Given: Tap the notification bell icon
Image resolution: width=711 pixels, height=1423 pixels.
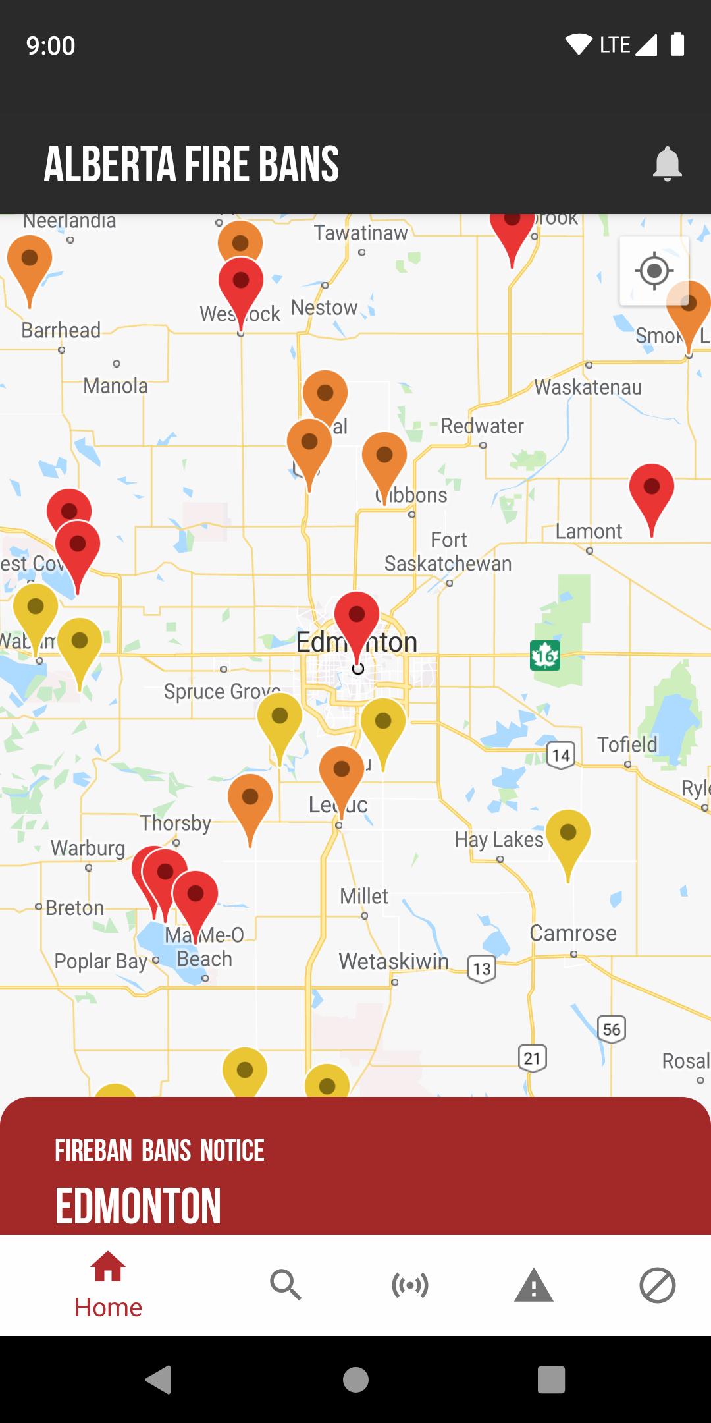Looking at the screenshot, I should [667, 163].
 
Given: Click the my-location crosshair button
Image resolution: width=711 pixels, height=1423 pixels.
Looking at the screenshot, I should [654, 271].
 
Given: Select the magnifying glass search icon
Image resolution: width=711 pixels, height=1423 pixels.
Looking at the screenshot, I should [285, 1285].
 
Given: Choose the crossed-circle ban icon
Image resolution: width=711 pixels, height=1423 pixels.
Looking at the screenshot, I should [657, 1285].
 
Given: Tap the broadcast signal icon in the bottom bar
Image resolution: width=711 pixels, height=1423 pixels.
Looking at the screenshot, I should [409, 1285].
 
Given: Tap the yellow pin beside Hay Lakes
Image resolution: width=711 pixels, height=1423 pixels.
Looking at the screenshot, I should [568, 835].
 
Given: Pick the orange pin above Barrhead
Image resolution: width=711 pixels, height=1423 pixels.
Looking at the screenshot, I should [30, 261].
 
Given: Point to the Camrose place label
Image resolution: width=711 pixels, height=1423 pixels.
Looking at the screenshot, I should [573, 933].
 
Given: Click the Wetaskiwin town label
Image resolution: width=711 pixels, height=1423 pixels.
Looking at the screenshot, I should [394, 961].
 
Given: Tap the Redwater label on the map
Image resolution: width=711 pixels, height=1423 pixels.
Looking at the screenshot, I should [482, 426].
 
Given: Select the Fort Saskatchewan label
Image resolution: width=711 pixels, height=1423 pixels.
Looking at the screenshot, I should [448, 552].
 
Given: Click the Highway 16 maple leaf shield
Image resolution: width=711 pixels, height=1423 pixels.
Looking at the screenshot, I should [545, 656].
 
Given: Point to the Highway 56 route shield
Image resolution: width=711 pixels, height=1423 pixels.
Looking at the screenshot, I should [612, 1029].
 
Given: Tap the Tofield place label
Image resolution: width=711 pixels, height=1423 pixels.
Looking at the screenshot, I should [627, 744].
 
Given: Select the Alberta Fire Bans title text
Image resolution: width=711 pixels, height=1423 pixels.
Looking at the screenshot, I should [192, 164].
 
